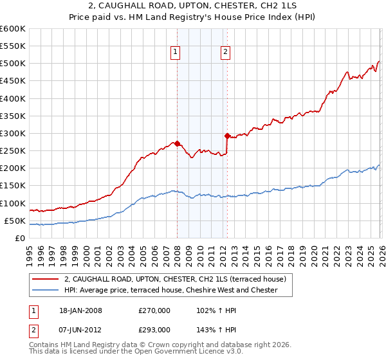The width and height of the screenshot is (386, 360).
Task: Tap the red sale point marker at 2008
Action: (x=178, y=143)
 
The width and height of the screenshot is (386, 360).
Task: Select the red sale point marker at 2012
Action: (x=227, y=136)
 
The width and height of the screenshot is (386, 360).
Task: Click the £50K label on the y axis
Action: (x=15, y=221)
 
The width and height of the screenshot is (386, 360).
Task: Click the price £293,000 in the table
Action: (x=154, y=329)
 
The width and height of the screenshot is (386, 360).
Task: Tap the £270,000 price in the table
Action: (x=154, y=310)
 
